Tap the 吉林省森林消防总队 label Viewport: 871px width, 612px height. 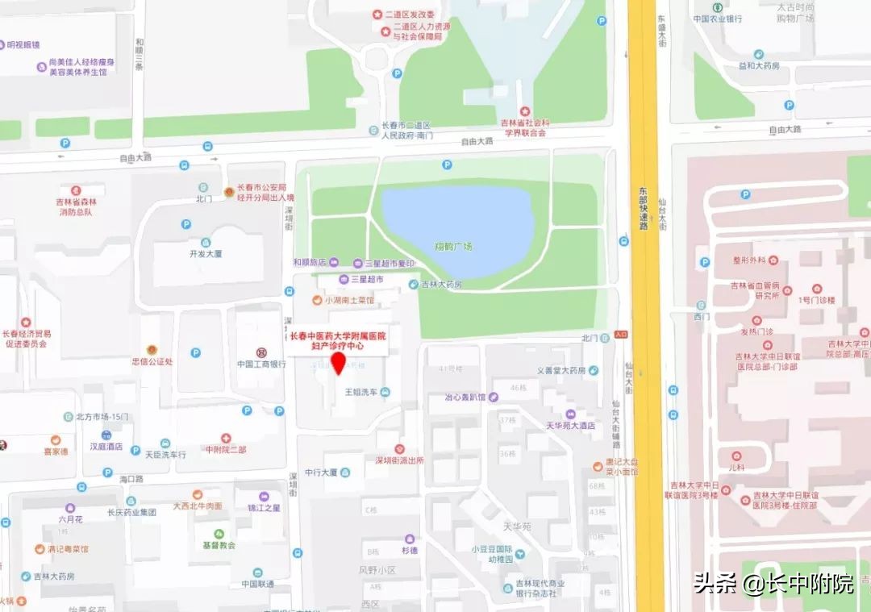coord(76,206)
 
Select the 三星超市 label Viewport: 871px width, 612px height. coord(367,279)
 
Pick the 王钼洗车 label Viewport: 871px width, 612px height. coord(361,392)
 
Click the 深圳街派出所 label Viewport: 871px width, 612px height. coord(398,460)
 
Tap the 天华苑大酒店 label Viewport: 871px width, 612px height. coord(570,425)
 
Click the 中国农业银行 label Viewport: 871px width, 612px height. coord(718,19)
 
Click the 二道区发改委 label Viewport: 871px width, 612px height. coord(409,15)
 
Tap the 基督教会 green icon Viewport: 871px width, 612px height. coord(219,534)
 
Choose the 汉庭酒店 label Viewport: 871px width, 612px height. coord(106,445)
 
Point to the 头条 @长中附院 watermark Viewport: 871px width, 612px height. coord(773,583)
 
